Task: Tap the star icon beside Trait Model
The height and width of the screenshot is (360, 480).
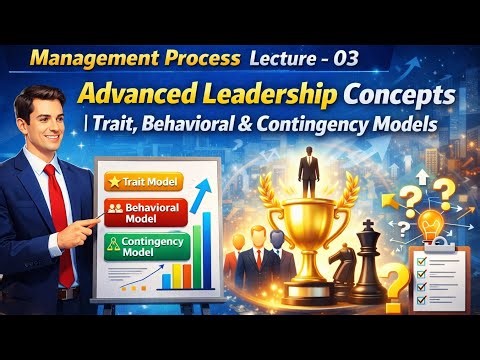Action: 112,182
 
